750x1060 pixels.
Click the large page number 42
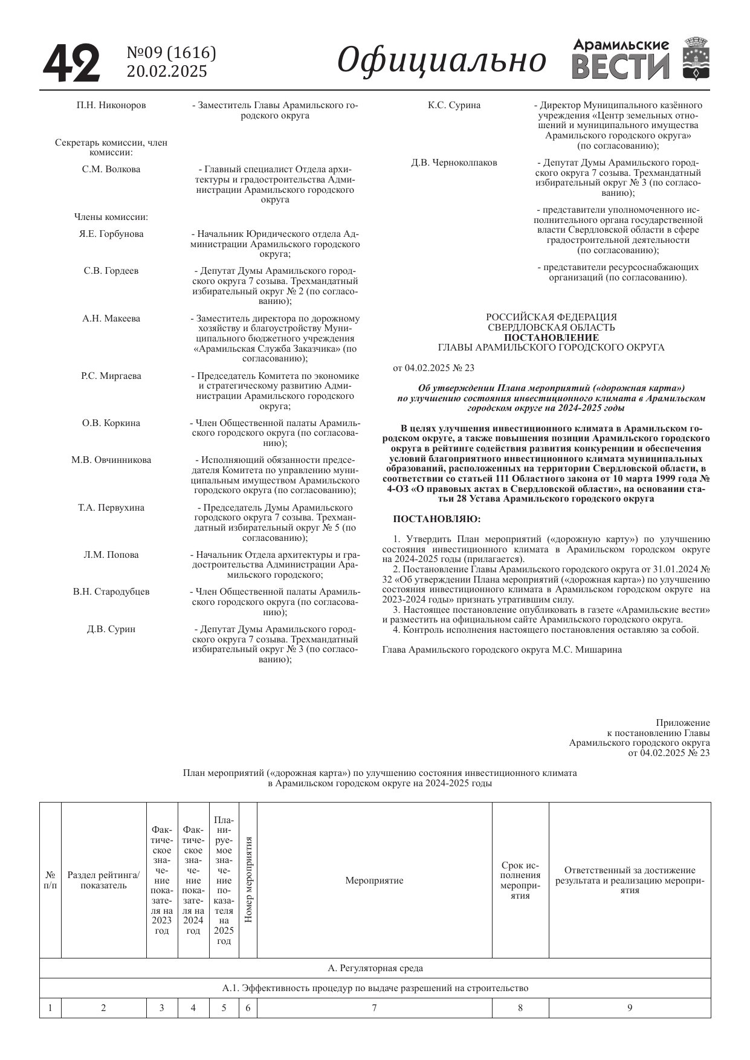(71, 63)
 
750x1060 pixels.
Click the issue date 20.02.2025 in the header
(166, 71)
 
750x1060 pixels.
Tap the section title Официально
(441, 60)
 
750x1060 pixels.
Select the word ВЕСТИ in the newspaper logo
(620, 67)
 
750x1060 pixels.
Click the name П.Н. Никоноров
(111, 105)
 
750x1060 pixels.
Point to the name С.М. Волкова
(111, 169)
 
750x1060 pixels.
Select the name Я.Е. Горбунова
(111, 234)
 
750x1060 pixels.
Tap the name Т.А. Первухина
(111, 508)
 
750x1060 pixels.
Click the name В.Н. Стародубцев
(111, 592)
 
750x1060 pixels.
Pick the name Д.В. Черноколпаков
(454, 163)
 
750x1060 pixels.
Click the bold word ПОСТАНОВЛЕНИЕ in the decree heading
(551, 337)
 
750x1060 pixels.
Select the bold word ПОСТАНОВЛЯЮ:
(437, 519)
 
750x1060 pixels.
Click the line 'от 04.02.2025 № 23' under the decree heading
(433, 367)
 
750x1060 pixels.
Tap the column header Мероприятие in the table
(374, 881)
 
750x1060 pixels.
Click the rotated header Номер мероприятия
(248, 880)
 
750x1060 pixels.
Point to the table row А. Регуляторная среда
(375, 968)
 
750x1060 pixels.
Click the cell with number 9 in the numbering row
(630, 1007)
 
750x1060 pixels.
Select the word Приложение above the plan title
(683, 723)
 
